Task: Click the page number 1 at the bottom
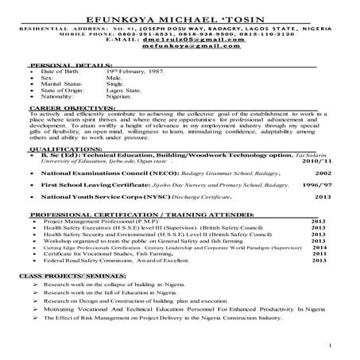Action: [328, 348]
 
